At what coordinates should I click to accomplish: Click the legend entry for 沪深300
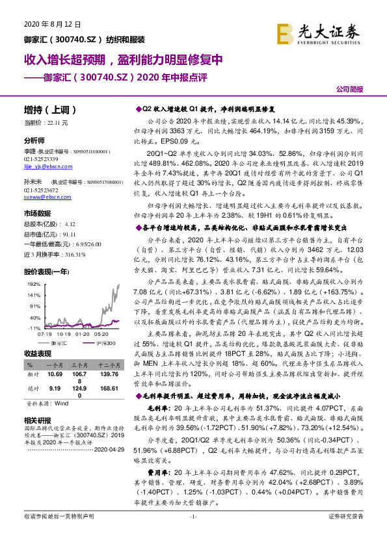pyautogui.click(x=101, y=342)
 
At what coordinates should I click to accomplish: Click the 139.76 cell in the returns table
pyautogui.click(x=110, y=375)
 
